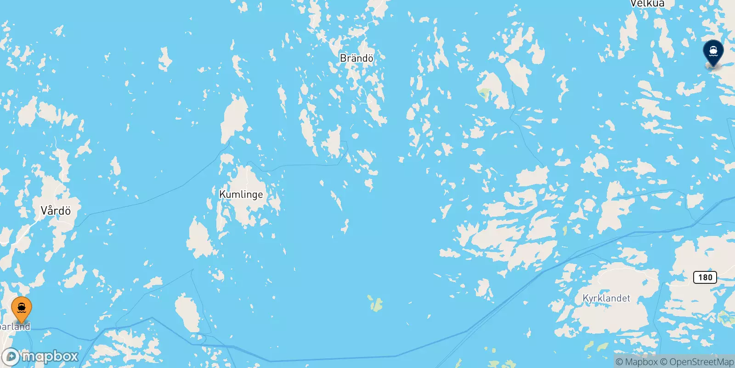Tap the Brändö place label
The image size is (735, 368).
click(356, 58)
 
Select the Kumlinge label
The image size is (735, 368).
click(241, 194)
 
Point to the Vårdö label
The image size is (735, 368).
click(56, 211)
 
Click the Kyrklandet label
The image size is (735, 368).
click(606, 298)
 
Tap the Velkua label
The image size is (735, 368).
click(647, 4)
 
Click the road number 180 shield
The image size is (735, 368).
click(705, 277)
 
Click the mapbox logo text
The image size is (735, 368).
click(50, 356)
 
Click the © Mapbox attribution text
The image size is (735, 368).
click(637, 362)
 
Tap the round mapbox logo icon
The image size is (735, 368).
click(11, 357)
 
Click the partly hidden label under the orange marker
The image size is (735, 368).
click(15, 327)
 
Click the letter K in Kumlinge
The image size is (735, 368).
click(223, 194)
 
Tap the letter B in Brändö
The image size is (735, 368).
click(343, 58)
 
